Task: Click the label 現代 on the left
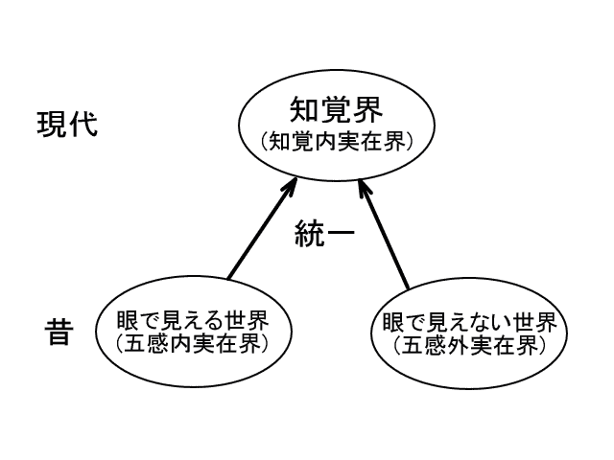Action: [67, 125]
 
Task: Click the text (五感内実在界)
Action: [192, 342]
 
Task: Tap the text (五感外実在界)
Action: [463, 344]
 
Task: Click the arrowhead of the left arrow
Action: [292, 183]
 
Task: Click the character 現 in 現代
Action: [52, 125]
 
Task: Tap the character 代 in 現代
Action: [83, 125]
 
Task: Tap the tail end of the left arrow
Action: [230, 279]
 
